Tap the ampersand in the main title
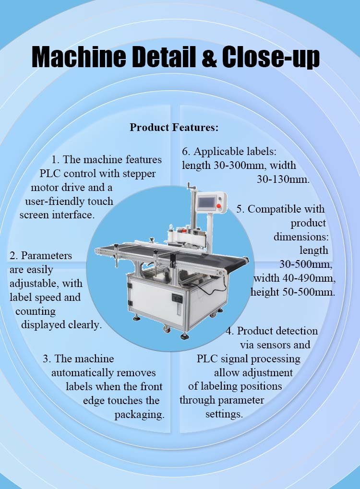(x=209, y=58)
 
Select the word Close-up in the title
(x=270, y=58)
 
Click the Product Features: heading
(x=174, y=127)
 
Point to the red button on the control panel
(x=219, y=206)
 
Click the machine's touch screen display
(x=206, y=203)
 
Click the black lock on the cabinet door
(x=176, y=298)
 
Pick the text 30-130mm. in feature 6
(x=283, y=179)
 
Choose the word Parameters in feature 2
(x=47, y=256)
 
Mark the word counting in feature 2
(x=35, y=311)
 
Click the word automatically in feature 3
(x=83, y=373)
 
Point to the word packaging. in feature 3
(x=139, y=415)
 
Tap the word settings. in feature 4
(x=224, y=415)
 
